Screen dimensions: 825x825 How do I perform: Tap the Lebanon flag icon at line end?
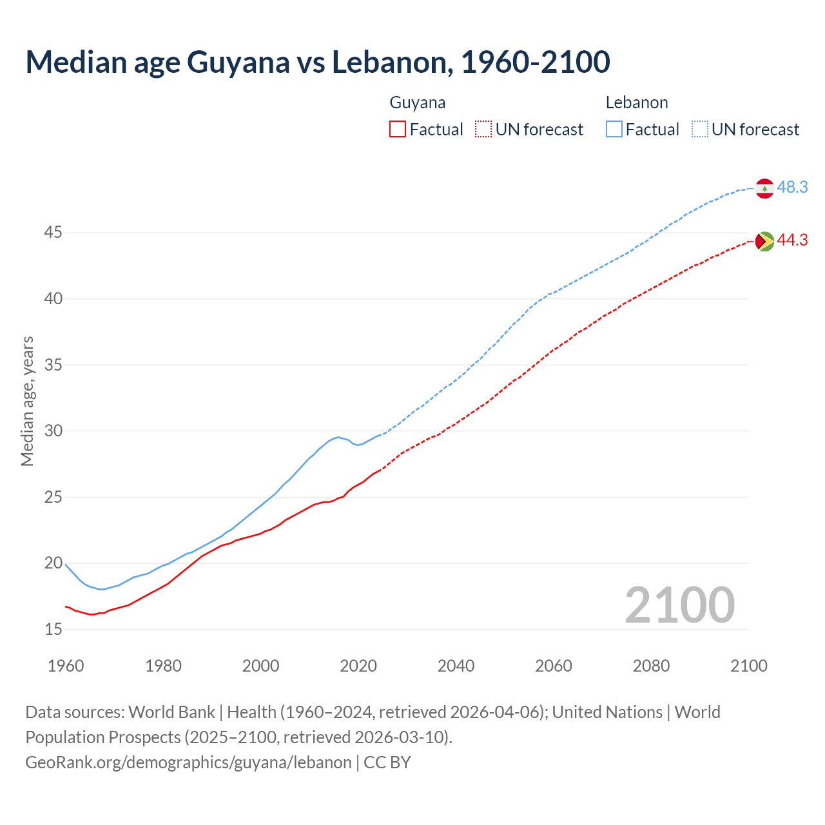764,188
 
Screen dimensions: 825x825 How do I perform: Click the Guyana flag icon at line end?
764,241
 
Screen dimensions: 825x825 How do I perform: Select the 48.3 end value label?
792,188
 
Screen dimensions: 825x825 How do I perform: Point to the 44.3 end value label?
792,240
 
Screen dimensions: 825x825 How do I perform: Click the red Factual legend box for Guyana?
398,130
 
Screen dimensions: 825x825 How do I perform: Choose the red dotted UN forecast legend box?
483,130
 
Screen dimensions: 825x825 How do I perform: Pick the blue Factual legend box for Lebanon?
614,130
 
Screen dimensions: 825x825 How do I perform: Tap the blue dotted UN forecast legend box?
700,130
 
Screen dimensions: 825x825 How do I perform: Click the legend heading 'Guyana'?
418,103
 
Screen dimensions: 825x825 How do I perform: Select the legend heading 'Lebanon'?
637,103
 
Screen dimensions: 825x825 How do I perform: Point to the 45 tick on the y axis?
53,233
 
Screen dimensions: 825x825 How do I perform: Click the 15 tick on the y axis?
53,629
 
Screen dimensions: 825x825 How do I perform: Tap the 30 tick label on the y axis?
53,431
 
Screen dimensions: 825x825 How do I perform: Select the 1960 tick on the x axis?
66,666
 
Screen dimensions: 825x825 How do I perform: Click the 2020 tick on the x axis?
358,666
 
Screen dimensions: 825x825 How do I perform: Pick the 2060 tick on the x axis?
554,666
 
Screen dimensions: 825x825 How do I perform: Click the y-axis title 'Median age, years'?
27,401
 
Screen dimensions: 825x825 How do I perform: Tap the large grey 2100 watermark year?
680,605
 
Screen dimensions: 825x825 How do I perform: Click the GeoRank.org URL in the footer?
188,762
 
